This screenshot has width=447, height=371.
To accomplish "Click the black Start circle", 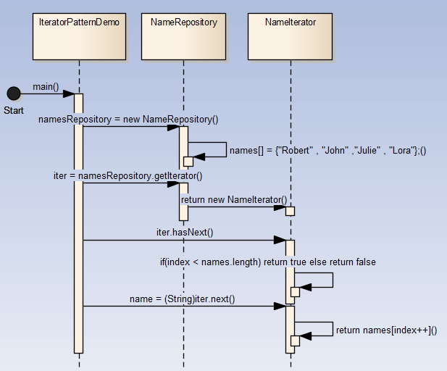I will [x=13, y=93].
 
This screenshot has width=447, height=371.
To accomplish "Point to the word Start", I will [x=14, y=110].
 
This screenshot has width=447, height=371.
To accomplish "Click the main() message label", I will [x=46, y=87].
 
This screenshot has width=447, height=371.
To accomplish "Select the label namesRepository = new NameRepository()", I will [x=128, y=119].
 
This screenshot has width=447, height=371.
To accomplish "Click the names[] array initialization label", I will [x=328, y=151].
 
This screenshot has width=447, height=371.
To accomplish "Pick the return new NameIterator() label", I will [x=234, y=199].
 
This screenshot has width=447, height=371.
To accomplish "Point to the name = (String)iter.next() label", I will [x=183, y=298].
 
